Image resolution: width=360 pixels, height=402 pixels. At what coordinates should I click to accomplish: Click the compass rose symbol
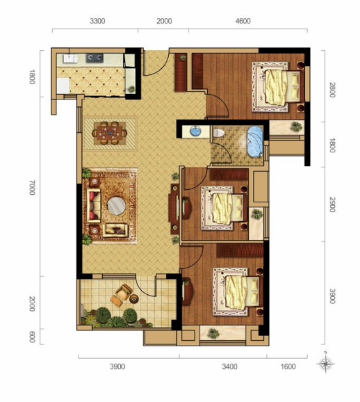coord(325,364)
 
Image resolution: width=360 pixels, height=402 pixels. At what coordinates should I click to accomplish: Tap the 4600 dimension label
coord(243,21)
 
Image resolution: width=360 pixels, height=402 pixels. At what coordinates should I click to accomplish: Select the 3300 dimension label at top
coord(97,21)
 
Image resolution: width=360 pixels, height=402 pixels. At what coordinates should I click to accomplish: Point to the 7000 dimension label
coord(32,187)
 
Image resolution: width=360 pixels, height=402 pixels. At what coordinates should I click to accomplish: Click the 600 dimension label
coord(32,337)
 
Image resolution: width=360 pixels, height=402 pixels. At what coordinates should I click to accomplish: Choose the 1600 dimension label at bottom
coord(288,367)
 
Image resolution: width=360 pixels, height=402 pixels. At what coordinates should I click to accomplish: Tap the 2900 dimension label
coord(332,204)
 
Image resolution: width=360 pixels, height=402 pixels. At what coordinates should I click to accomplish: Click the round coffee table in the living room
coord(117,206)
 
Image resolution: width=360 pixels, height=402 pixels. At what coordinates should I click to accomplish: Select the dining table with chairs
coord(109,133)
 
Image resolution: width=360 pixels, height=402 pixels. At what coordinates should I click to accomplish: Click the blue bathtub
coord(255,142)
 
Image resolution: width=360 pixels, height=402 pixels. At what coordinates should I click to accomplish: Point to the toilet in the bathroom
coord(218,133)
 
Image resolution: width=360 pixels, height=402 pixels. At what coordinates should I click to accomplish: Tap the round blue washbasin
coord(195,131)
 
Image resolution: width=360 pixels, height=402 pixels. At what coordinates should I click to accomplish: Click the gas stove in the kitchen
coord(95,58)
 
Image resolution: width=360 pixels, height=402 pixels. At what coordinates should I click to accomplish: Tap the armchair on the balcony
coord(124,292)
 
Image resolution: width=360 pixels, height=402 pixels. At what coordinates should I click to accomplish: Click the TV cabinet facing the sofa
coord(174,209)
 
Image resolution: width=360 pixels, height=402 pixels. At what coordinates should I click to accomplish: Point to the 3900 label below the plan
coord(117,367)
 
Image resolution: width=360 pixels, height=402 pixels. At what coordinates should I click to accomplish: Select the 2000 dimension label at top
coord(164,21)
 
